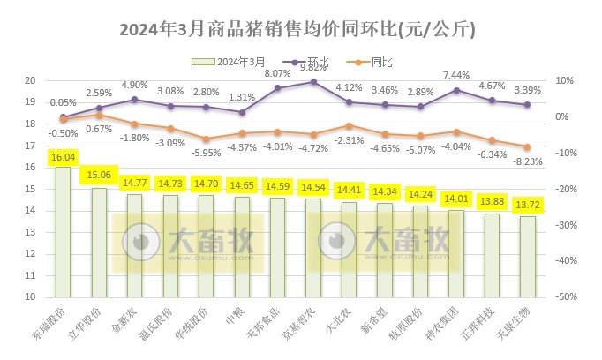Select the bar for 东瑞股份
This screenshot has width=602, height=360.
tap(63, 233)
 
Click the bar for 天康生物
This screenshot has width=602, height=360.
tap(527, 257)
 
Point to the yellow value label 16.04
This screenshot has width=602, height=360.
tap(63, 157)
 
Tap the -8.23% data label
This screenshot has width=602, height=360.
tap(528, 161)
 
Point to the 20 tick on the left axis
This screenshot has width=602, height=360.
tap(29, 80)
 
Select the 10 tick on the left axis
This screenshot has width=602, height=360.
tap(29, 297)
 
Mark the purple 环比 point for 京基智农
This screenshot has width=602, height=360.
tap(313, 82)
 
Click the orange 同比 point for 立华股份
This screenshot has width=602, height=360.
tap(99, 115)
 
